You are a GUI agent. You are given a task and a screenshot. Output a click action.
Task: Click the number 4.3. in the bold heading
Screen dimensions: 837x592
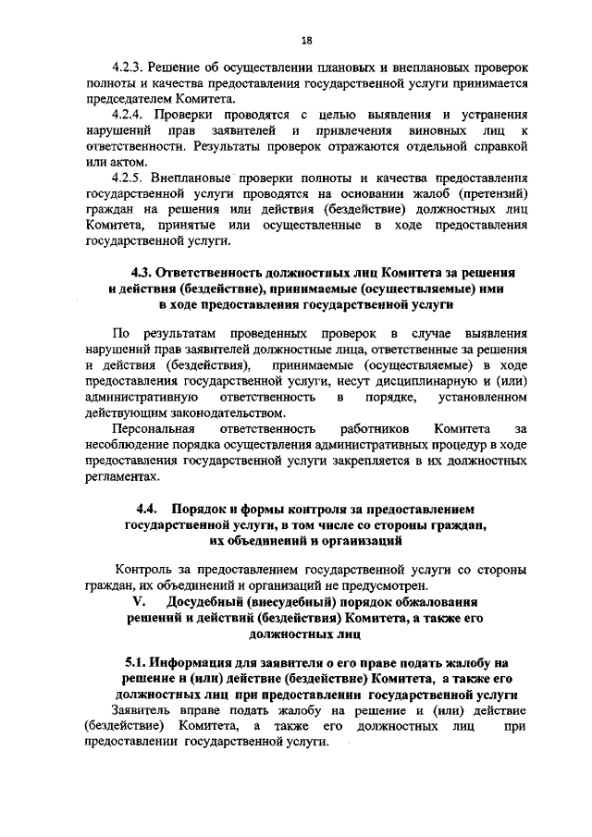(x=142, y=275)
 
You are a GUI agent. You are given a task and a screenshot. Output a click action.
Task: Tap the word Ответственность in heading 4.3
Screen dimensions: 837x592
(x=213, y=275)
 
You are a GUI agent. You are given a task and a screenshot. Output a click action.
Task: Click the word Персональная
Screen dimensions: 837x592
(x=153, y=428)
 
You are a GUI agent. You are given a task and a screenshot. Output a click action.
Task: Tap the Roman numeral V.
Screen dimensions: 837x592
(x=129, y=602)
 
